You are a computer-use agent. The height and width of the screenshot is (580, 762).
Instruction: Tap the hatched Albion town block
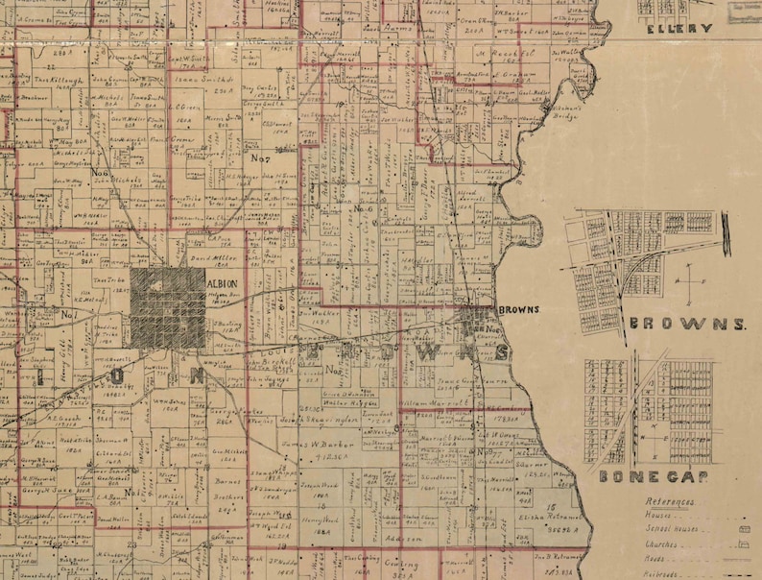pos(168,307)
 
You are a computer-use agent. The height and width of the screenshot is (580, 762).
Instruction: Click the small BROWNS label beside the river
pos(518,309)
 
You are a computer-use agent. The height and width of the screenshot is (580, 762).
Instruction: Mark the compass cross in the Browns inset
pos(689,282)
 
